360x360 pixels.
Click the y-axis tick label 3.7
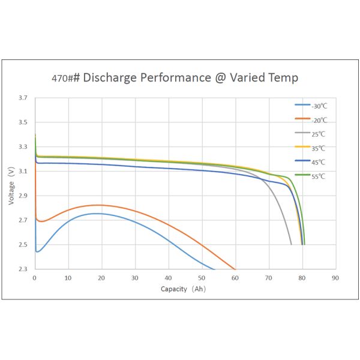(22, 98)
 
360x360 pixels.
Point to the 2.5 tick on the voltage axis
(22, 245)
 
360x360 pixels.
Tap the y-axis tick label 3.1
(22, 171)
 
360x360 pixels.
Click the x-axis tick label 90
(335, 278)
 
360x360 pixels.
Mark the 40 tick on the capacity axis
(169, 278)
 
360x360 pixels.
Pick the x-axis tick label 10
(68, 278)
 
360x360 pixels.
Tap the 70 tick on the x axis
(269, 278)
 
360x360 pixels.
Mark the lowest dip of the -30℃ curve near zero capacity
(38, 251)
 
